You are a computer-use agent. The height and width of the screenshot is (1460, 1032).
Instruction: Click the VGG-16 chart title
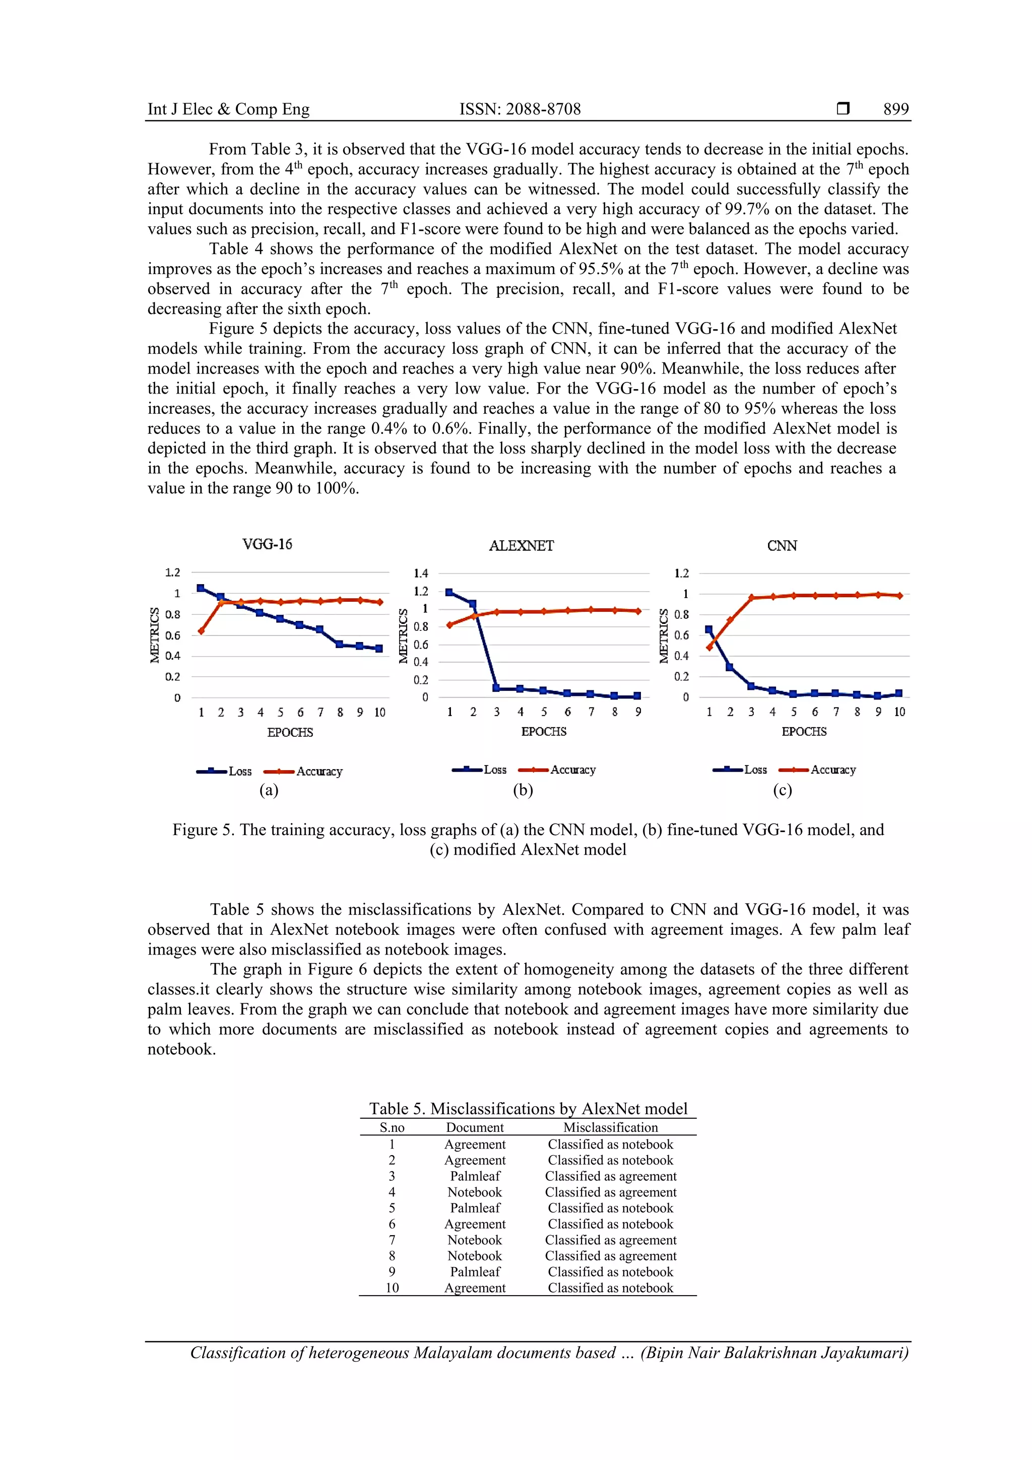[267, 544]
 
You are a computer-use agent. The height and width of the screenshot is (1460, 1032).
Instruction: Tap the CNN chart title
[782, 546]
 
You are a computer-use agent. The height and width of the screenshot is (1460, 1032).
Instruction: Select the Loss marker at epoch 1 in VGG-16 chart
[201, 588]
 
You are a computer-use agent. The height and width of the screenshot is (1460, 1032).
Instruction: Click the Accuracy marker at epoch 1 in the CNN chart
[709, 647]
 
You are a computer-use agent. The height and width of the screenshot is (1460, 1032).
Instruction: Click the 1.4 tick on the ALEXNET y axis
[421, 574]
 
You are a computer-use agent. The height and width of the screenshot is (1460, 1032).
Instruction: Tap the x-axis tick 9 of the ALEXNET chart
[638, 712]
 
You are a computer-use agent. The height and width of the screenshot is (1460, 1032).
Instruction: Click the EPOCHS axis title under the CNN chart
[804, 731]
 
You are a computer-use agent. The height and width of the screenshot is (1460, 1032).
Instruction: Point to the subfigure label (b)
[523, 790]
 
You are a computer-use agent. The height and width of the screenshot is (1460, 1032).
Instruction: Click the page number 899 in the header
[895, 109]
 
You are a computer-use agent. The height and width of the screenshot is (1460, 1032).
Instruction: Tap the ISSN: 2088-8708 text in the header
[520, 109]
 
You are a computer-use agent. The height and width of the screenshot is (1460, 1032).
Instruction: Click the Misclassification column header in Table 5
[610, 1127]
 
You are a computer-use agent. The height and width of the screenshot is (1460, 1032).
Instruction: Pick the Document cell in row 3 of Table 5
[475, 1176]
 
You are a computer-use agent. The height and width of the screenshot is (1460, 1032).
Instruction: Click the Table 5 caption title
[528, 1108]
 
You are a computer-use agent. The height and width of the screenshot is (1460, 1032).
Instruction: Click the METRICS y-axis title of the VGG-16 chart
[155, 635]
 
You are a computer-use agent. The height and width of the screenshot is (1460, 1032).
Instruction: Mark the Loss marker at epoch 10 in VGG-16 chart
[379, 649]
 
